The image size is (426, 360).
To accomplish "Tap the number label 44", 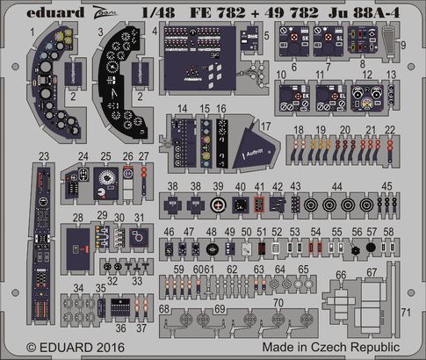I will [x=361, y=188].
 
